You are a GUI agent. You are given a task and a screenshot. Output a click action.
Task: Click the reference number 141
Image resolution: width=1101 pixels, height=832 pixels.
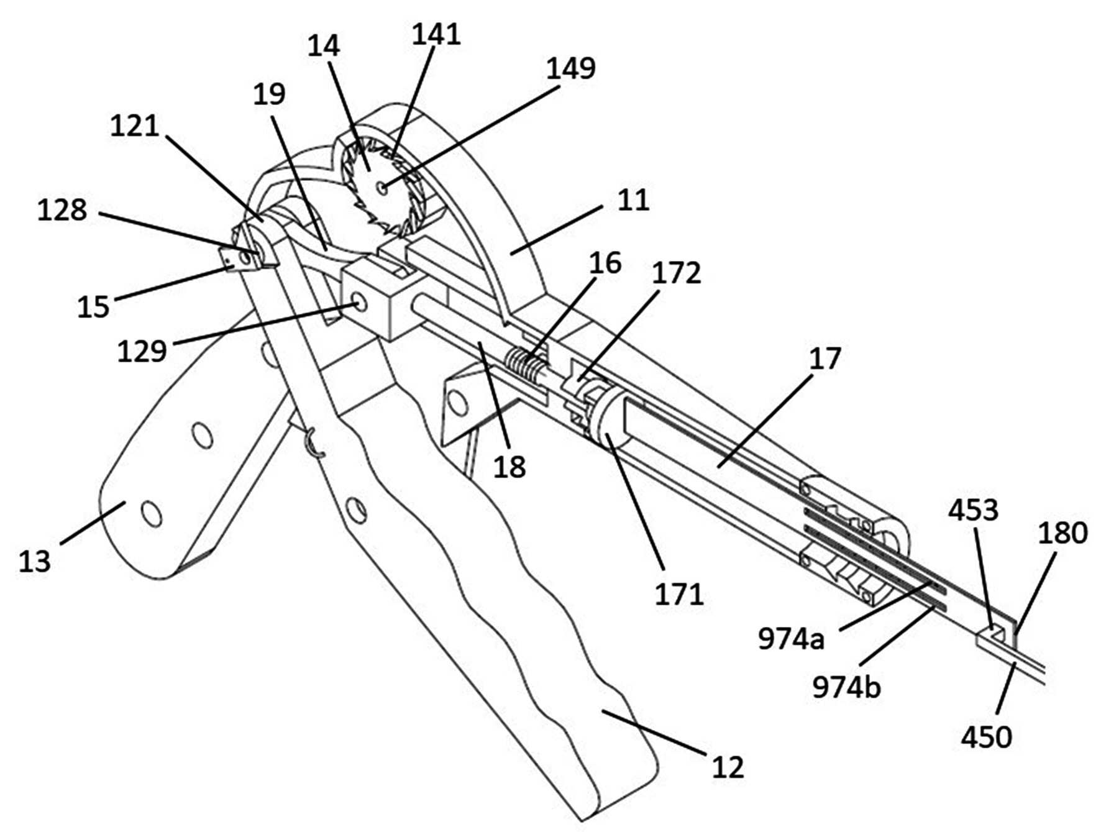point(436,34)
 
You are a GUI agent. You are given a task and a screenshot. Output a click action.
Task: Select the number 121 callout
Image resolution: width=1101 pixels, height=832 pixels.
point(135,126)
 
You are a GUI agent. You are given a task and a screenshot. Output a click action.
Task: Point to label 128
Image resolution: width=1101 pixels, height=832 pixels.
point(62,210)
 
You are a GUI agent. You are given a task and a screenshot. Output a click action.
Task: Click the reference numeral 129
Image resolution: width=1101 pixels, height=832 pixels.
point(142,351)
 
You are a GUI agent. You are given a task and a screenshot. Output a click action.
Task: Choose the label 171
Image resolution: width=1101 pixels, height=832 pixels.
point(679,594)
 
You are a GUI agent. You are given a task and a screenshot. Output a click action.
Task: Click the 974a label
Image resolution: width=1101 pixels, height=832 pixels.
point(791,638)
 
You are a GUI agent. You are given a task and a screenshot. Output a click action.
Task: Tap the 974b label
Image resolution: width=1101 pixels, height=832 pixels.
point(847,687)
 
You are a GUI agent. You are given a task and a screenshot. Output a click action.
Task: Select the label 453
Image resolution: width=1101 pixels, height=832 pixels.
point(973,510)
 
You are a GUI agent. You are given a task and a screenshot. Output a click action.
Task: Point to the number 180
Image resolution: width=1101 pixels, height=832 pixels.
point(1062,533)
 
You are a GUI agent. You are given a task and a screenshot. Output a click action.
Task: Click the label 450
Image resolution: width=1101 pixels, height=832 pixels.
point(987,737)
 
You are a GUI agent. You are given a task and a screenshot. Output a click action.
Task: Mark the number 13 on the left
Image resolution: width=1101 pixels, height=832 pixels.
point(35,561)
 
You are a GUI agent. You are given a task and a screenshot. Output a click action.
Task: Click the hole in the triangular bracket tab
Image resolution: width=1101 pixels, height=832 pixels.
point(458,403)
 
